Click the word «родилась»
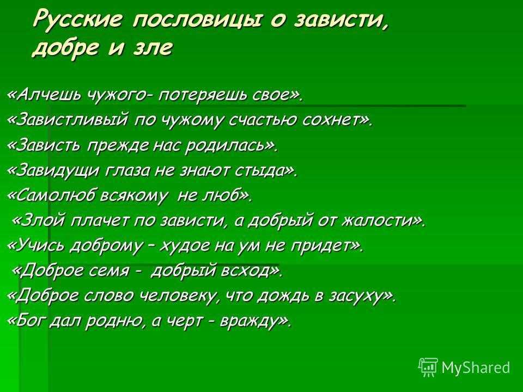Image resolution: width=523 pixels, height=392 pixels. click(x=226, y=145)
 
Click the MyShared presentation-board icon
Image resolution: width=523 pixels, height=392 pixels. click(x=428, y=367)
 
